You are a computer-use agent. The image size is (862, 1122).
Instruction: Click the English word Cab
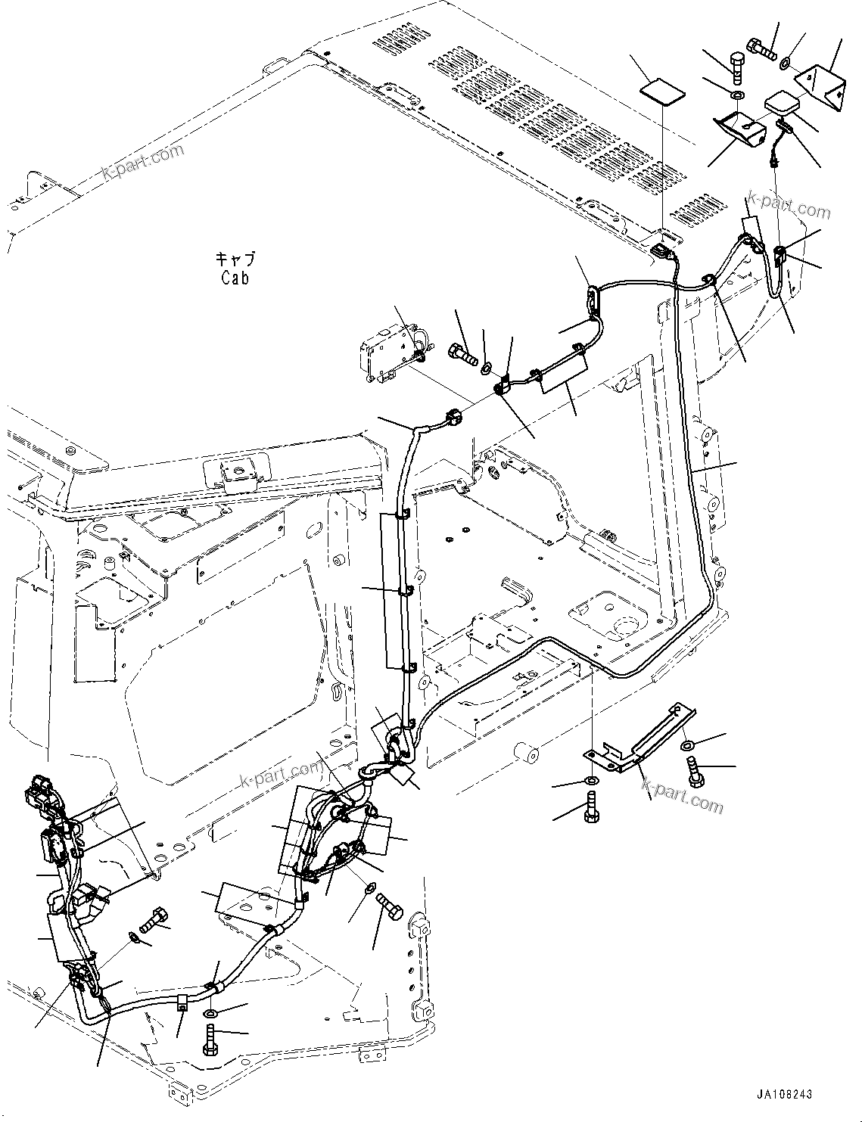(x=235, y=278)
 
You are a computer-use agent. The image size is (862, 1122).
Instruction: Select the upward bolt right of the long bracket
(x=695, y=775)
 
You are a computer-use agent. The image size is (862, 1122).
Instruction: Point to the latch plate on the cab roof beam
(x=232, y=474)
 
